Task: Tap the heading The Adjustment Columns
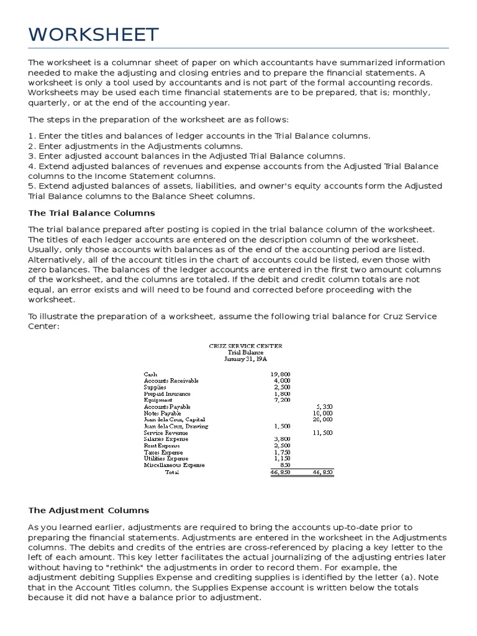tap(89, 510)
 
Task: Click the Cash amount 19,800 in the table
tap(281, 374)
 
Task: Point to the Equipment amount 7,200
tap(282, 400)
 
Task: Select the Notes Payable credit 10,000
tap(322, 413)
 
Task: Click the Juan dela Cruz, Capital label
tap(175, 420)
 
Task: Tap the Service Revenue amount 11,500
tap(322, 432)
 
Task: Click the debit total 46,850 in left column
tap(281, 472)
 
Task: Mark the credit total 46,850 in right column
tap(322, 472)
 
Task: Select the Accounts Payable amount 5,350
tap(324, 406)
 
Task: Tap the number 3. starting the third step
tap(32, 156)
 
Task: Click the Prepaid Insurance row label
tap(167, 394)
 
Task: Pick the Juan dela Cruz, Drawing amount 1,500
tap(282, 426)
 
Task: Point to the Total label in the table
tap(171, 472)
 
